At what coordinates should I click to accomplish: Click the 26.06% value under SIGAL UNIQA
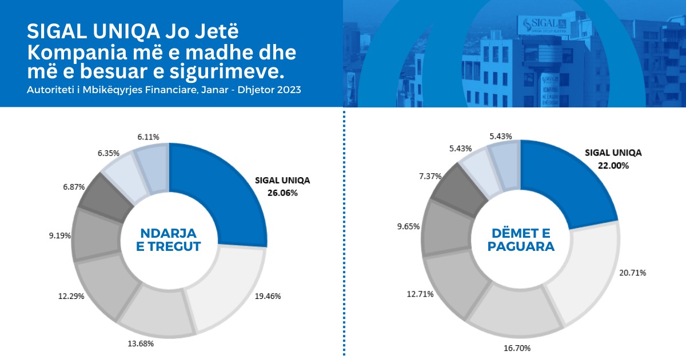point(282,193)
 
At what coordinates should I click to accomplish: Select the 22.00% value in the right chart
point(614,166)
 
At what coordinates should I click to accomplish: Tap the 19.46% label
point(268,297)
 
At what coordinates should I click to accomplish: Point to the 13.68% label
point(139,343)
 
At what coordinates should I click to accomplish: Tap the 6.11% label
point(148,137)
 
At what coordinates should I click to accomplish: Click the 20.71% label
point(633,273)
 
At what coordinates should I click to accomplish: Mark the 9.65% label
point(409,226)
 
